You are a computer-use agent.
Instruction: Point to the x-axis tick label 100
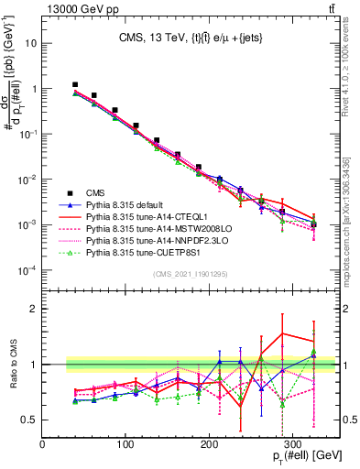125,444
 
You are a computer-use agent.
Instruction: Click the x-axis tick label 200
210,444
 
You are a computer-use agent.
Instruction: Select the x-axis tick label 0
42,444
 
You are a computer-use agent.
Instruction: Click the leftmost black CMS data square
75,84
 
